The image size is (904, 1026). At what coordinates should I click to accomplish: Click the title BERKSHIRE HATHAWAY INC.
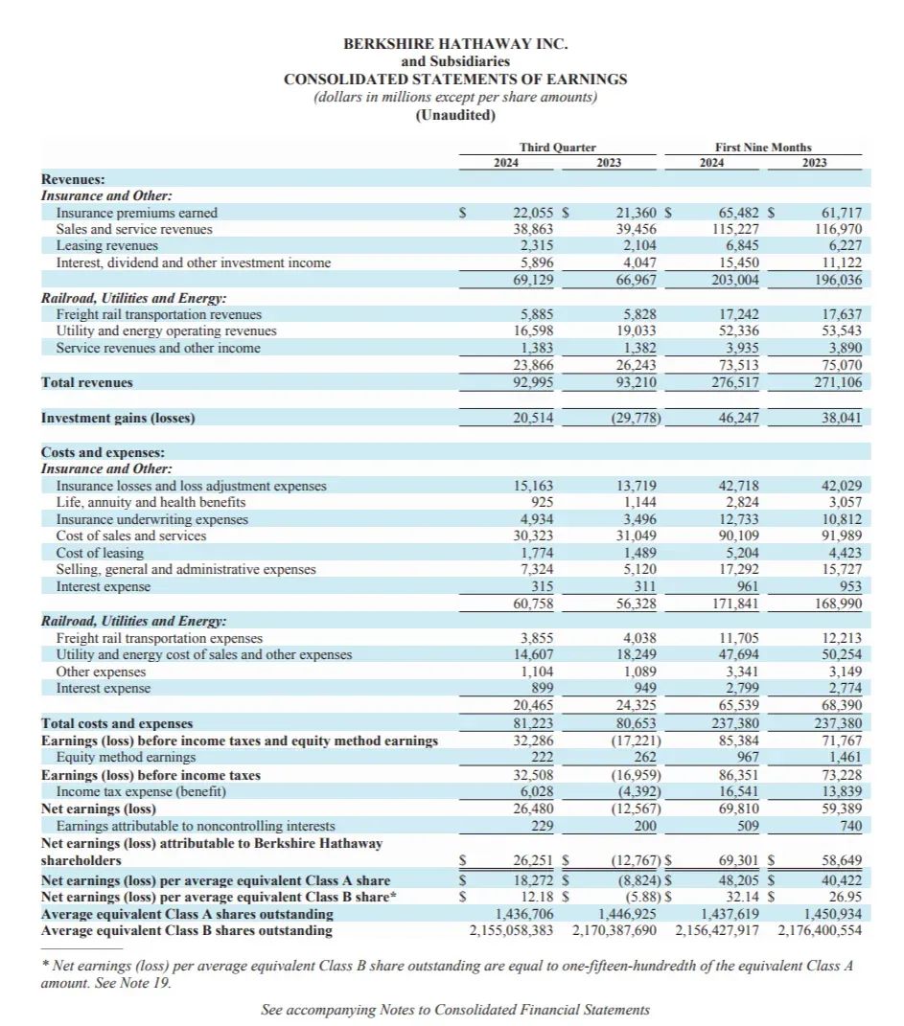pyautogui.click(x=455, y=44)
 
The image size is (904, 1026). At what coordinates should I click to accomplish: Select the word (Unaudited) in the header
pyautogui.click(x=455, y=115)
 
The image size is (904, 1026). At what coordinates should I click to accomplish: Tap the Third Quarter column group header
pyautogui.click(x=557, y=148)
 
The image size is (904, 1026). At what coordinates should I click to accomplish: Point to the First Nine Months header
pyautogui.click(x=763, y=148)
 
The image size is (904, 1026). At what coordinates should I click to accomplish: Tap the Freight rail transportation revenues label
pyautogui.click(x=158, y=314)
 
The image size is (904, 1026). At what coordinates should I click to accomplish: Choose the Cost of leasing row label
pyautogui.click(x=100, y=553)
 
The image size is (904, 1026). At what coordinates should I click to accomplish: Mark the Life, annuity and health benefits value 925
pyautogui.click(x=542, y=502)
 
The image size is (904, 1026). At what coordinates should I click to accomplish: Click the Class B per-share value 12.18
pyautogui.click(x=538, y=897)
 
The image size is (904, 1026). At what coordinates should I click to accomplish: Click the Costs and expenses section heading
pyautogui.click(x=103, y=451)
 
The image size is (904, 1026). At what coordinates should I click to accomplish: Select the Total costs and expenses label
pyautogui.click(x=116, y=723)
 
